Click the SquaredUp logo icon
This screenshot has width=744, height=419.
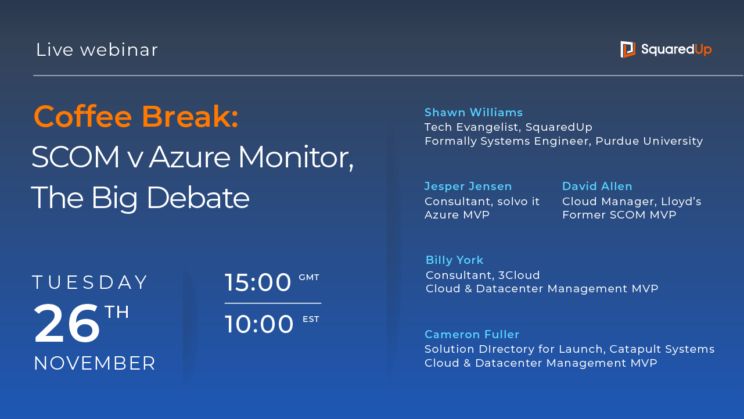pos(628,49)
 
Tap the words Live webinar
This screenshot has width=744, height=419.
pos(96,50)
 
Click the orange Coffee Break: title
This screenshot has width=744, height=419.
pos(136,116)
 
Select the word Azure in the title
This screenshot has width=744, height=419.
pos(190,157)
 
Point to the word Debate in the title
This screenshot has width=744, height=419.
pos(198,198)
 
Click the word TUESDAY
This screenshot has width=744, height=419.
pos(89,282)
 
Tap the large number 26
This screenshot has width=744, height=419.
pos(66,323)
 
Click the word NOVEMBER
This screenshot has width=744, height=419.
pos(95,363)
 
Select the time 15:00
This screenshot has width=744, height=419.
pos(258,282)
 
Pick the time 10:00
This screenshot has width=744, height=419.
pos(259,324)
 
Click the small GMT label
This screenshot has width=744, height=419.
pos(309,277)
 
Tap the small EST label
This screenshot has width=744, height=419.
pos(311,319)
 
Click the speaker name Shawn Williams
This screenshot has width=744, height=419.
pos(473,112)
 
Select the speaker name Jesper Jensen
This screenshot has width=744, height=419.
pos(468,187)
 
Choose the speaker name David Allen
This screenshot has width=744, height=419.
pos(597,186)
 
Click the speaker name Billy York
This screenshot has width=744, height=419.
pos(454,260)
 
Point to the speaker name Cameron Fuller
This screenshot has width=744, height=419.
pos(472,334)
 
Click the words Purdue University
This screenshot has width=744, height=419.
pos(649,141)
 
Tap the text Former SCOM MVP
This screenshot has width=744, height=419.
pos(619,214)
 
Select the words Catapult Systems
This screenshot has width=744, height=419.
pos(662,349)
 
